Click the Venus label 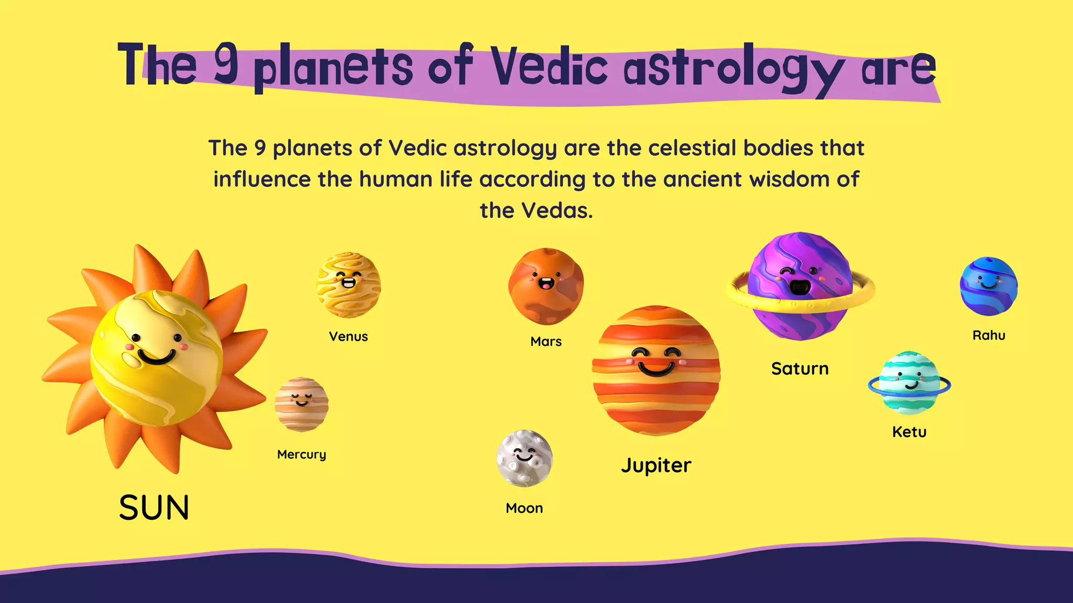348,337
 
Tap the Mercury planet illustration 302,405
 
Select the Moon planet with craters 524,459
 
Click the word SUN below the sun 154,508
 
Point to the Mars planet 546,286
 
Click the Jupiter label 656,465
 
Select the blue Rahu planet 989,286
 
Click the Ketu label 910,432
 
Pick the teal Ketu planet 910,383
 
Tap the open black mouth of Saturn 800,287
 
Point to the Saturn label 800,369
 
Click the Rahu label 989,336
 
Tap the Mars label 546,342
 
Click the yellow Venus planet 348,285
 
